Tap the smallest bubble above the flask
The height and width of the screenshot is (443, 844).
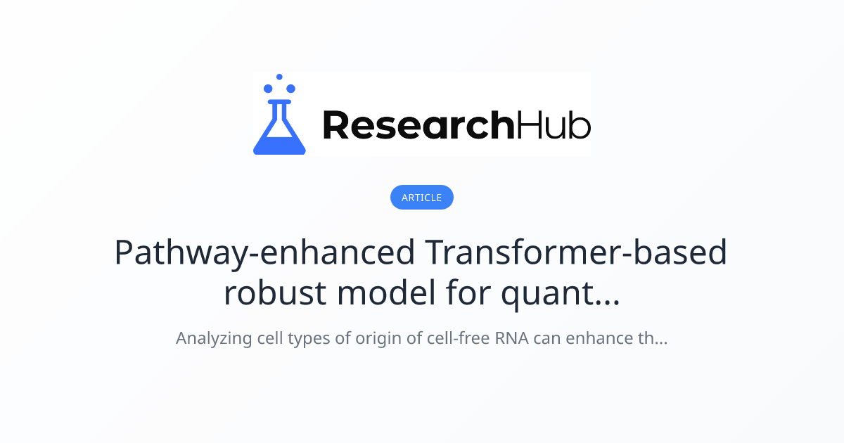pyautogui.click(x=279, y=77)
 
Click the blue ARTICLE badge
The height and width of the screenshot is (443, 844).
pyautogui.click(x=422, y=198)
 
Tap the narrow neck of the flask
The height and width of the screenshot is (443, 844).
pyautogui.click(x=279, y=110)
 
